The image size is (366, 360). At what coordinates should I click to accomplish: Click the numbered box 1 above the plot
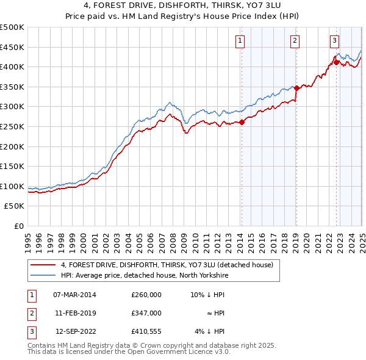pyautogui.click(x=240, y=41)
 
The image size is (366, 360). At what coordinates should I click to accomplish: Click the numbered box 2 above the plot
pyautogui.click(x=295, y=41)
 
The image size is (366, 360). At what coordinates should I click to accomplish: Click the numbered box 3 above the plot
pyautogui.click(x=335, y=41)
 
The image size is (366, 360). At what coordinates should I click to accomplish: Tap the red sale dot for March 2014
pyautogui.click(x=242, y=122)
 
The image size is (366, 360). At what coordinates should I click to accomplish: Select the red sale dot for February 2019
pyautogui.click(x=296, y=88)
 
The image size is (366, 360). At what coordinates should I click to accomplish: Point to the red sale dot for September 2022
pyautogui.click(x=336, y=62)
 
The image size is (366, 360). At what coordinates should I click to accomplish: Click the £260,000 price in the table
pyautogui.click(x=146, y=295)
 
